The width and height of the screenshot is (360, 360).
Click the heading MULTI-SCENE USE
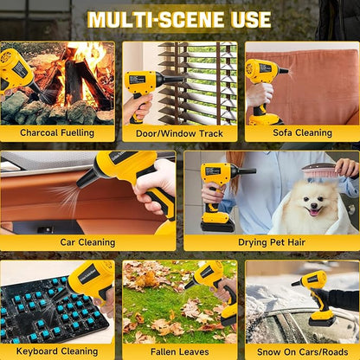click(x=179, y=20)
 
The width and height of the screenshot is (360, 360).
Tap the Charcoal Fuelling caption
click(x=57, y=132)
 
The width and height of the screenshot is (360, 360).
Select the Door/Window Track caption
click(x=179, y=133)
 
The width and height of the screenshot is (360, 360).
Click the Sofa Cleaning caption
click(x=302, y=132)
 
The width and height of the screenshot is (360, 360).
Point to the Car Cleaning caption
click(x=87, y=242)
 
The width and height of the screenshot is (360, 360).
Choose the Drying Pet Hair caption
click(x=272, y=242)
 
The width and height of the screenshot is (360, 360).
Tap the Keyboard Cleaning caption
click(x=57, y=351)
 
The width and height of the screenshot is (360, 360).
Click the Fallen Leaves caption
click(x=179, y=351)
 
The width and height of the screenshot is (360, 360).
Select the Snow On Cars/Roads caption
click(x=302, y=352)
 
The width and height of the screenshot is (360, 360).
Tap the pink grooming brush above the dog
click(x=319, y=170)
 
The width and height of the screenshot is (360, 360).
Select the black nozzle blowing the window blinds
click(x=170, y=79)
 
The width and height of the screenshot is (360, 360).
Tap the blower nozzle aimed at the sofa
click(x=283, y=71)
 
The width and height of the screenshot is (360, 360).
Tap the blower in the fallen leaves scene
click(x=215, y=292)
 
